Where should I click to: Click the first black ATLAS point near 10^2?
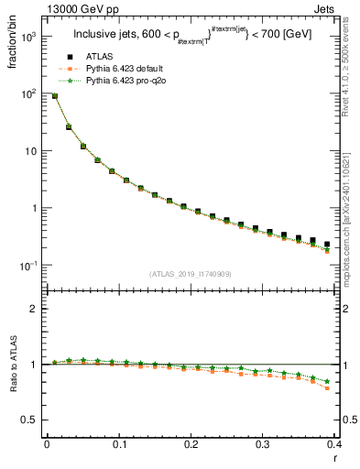coord(54,95)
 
